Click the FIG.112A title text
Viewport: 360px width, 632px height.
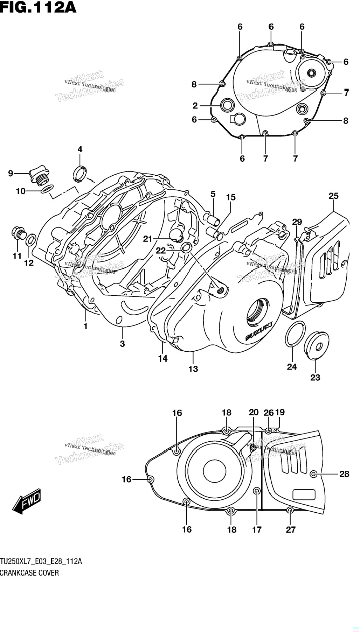click(x=38, y=7)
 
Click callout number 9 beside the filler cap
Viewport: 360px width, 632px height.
click(x=11, y=173)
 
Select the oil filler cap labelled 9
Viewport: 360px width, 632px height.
click(x=39, y=176)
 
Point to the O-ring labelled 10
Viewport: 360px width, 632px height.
click(x=47, y=189)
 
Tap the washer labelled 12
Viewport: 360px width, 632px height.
click(x=31, y=240)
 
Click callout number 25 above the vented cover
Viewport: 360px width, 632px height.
click(x=333, y=196)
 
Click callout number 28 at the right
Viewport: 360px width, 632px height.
click(x=344, y=474)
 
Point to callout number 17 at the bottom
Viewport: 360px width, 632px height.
click(x=257, y=529)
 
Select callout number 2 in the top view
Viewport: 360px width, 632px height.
click(x=195, y=105)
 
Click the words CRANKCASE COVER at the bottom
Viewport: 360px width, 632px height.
click(x=29, y=573)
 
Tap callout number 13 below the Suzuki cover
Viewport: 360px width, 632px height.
click(x=193, y=369)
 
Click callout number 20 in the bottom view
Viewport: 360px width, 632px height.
click(x=254, y=412)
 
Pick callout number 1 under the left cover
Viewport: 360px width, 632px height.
click(x=85, y=326)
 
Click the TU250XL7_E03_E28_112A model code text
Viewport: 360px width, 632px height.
click(x=41, y=562)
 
